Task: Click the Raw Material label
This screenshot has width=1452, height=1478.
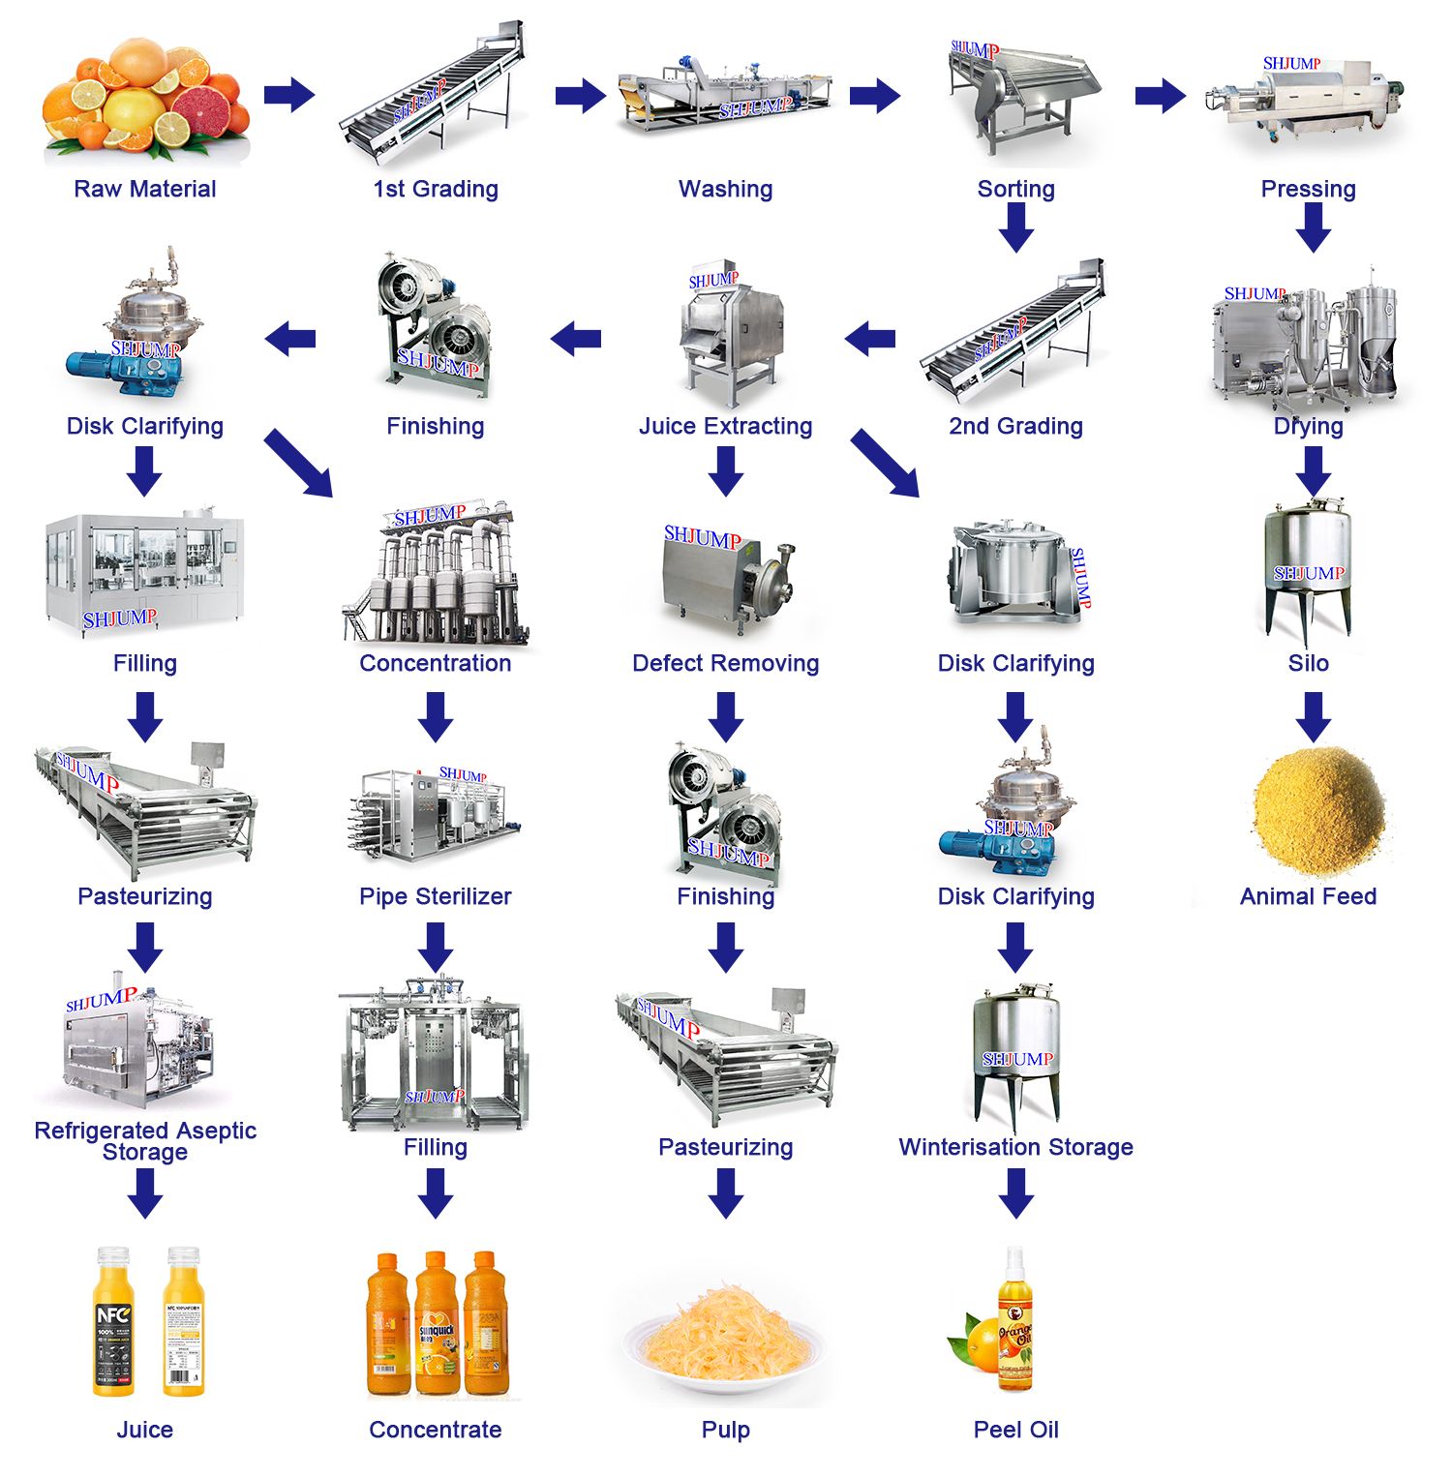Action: (145, 189)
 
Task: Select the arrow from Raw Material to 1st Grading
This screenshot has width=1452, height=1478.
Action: (289, 95)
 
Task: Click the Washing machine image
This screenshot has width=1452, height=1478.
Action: (725, 97)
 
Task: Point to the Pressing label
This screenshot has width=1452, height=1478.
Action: (1308, 189)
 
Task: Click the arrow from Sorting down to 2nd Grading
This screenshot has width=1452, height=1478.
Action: (1016, 228)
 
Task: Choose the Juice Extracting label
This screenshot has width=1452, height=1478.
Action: (725, 426)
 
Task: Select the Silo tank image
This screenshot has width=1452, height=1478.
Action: (1308, 571)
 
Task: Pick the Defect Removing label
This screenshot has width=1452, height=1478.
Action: (725, 663)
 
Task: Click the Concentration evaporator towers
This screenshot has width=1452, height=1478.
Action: (436, 576)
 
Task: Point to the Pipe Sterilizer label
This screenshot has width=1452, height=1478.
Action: (436, 896)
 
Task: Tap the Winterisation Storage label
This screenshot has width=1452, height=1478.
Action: (1015, 1147)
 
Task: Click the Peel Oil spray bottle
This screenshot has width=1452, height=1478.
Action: (1013, 1321)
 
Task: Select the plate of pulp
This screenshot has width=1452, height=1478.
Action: (725, 1341)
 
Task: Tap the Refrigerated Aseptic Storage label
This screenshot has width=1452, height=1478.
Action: (145, 1141)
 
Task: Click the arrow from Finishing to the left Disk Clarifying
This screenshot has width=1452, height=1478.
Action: (289, 339)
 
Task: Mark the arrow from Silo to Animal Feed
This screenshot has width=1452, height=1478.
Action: (1314, 716)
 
